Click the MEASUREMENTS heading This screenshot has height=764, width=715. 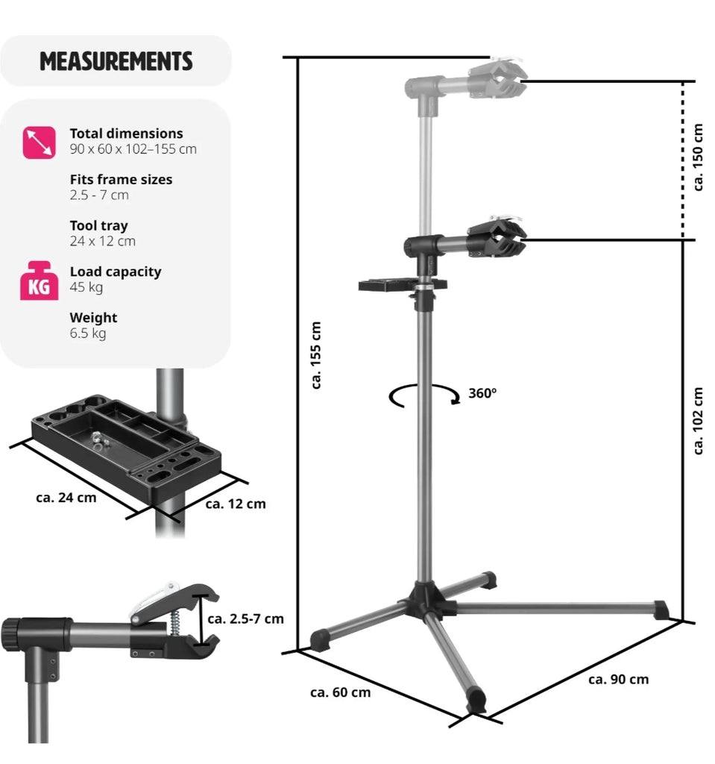pyautogui.click(x=116, y=61)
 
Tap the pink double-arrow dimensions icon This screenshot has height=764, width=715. pyautogui.click(x=39, y=143)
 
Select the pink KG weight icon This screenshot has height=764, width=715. pyautogui.click(x=39, y=281)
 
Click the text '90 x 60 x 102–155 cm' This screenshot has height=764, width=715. pyautogui.click(x=133, y=149)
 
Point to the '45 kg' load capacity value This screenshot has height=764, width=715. pyautogui.click(x=86, y=287)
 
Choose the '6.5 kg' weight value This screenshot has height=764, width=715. pyautogui.click(x=88, y=334)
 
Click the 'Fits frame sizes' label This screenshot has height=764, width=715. pyautogui.click(x=121, y=179)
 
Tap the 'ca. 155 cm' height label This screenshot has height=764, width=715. pyautogui.click(x=316, y=355)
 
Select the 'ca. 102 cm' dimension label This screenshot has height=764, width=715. pyautogui.click(x=698, y=421)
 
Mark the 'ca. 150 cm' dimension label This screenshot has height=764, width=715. pyautogui.click(x=698, y=157)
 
